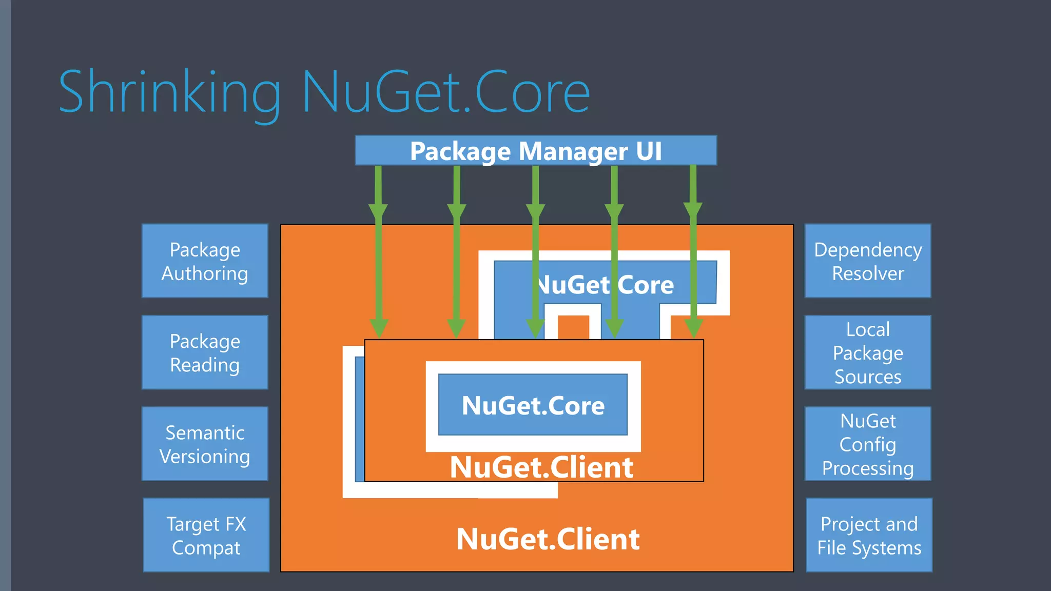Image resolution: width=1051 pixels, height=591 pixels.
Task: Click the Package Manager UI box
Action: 535,151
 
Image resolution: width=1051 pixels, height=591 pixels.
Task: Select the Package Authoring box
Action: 205,261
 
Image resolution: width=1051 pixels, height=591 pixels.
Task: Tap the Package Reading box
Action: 205,352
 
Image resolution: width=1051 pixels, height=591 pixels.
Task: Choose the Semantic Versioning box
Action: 205,444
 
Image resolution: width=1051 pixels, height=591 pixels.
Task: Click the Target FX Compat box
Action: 206,535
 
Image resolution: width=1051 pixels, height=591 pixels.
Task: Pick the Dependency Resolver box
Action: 868,261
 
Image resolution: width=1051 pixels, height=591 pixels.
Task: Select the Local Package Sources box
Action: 868,352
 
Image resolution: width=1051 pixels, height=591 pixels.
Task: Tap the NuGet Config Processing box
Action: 868,444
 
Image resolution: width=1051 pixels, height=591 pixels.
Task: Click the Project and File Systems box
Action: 869,535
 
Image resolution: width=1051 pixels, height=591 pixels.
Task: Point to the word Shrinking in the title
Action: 169,92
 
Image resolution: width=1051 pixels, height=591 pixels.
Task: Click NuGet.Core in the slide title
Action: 445,92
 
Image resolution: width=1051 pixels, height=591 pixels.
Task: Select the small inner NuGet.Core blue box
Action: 533,405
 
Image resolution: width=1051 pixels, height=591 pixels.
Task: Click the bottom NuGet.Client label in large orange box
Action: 548,539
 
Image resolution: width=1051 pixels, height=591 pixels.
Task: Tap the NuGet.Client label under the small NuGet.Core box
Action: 541,467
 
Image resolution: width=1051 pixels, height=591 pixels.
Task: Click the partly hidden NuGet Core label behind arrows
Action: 606,285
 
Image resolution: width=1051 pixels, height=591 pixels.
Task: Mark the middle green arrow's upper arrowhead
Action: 535,211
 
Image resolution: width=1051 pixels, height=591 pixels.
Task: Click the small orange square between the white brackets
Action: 573,327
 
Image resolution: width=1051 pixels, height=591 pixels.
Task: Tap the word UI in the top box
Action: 649,151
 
